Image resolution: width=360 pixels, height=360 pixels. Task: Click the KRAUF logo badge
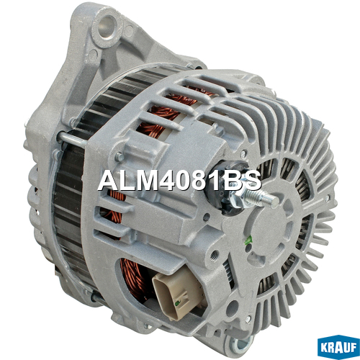(x=338, y=347)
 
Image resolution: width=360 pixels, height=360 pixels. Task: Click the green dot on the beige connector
(x=177, y=304)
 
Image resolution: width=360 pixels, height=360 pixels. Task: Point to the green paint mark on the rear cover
(x=250, y=239)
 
